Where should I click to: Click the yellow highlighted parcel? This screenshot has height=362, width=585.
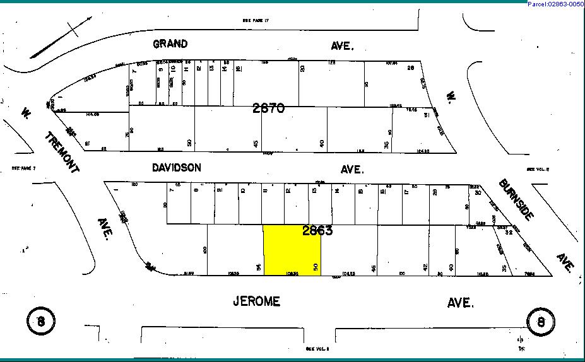(292, 251)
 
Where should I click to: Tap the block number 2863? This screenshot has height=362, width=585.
(317, 231)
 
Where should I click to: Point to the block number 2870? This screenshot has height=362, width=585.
(268, 108)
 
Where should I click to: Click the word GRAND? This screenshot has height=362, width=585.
(170, 44)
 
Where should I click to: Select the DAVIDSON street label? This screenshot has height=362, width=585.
(177, 168)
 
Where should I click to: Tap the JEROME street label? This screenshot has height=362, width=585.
(256, 302)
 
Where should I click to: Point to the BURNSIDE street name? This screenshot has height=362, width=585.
(516, 199)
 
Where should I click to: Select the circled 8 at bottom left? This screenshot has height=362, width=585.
(40, 321)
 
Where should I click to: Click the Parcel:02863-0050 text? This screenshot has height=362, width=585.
(555, 4)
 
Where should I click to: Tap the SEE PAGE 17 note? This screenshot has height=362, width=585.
(256, 21)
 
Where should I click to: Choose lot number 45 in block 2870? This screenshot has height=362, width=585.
(256, 144)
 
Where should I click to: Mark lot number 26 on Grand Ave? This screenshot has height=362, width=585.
(410, 68)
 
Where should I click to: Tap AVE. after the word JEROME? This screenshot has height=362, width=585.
(460, 303)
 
